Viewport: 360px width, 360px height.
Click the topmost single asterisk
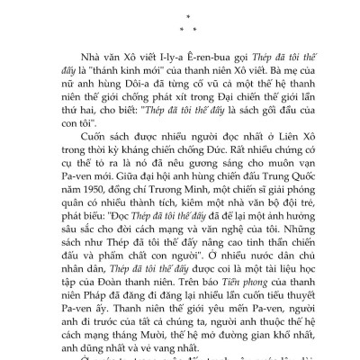179,15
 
